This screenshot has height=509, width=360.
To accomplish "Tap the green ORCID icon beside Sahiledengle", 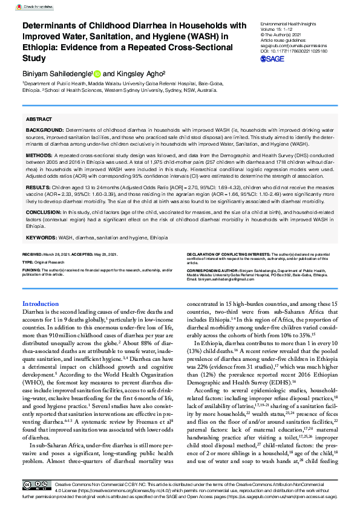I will tap(98, 72).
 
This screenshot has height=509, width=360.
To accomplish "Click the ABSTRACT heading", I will tap(39, 120).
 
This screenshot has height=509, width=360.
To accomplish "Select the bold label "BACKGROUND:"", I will tap(44, 131).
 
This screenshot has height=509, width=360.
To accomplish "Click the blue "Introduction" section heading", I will tap(40, 304).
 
